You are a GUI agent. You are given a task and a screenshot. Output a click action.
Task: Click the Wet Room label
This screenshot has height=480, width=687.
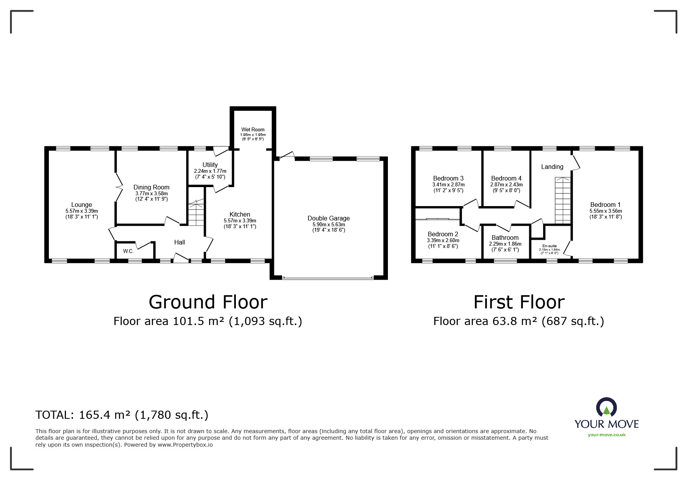pyautogui.click(x=253, y=130)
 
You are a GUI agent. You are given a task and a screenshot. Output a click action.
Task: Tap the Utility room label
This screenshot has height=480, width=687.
pyautogui.click(x=210, y=165)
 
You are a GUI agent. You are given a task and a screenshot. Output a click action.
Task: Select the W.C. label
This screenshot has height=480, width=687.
pyautogui.click(x=128, y=251)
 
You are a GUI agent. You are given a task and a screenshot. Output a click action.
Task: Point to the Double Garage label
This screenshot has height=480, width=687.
pyautogui.click(x=329, y=218)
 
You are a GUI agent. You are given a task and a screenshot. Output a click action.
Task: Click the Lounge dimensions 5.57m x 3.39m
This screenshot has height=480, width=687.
pyautogui.click(x=81, y=211)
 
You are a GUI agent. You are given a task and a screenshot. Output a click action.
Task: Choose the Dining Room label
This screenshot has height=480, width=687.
pyautogui.click(x=151, y=187)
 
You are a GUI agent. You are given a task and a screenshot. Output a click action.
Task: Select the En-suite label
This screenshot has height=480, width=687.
pyautogui.click(x=549, y=246)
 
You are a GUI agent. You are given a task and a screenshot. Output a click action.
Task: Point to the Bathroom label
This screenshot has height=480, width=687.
pyautogui.click(x=505, y=237)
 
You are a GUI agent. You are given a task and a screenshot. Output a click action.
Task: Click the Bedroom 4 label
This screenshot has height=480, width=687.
pyautogui.click(x=506, y=178)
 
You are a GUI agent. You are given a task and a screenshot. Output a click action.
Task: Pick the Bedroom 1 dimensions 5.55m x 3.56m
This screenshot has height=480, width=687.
pyautogui.click(x=606, y=211)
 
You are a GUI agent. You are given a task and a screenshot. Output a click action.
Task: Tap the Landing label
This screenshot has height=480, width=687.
pyautogui.click(x=552, y=167)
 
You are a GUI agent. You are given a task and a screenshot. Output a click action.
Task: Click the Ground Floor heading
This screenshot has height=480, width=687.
pyautogui.click(x=208, y=302)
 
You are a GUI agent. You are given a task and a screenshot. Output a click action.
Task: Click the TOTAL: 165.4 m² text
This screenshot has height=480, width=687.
pyautogui.click(x=122, y=415)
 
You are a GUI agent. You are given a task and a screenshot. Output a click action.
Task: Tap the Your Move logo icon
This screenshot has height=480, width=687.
pyautogui.click(x=606, y=408)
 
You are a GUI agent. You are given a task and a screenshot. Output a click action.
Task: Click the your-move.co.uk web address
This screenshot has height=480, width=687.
pyautogui.click(x=606, y=435)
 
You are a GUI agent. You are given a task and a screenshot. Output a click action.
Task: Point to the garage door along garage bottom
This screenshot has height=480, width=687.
pyautogui.click(x=328, y=277)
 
